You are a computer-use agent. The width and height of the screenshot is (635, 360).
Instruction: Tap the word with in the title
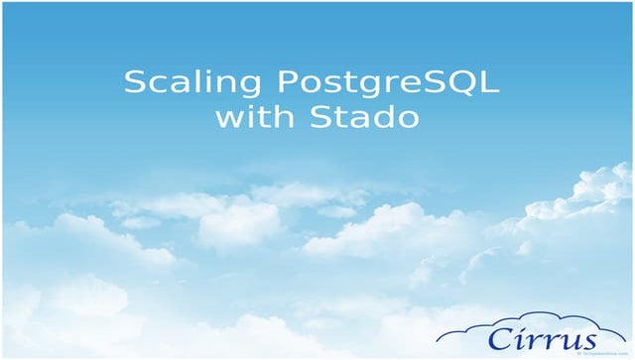[248, 117]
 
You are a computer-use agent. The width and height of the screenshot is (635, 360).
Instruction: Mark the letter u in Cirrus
[562, 337]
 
